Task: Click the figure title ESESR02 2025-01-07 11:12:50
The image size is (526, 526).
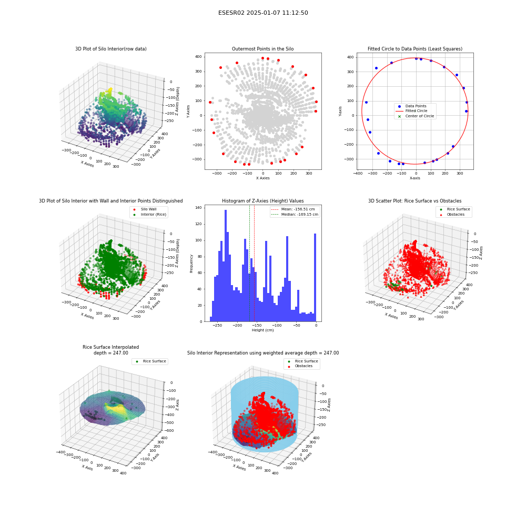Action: tap(263, 13)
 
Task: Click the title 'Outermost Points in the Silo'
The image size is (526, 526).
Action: tap(262, 48)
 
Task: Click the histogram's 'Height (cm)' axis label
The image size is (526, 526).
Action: tap(262, 330)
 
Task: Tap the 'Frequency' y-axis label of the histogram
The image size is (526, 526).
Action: tap(191, 264)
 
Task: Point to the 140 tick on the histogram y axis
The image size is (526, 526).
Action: tap(199, 208)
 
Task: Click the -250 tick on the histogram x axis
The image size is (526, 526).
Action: tap(217, 326)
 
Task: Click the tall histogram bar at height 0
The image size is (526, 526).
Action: tap(315, 277)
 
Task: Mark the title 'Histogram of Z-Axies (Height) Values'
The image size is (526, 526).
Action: tap(262, 200)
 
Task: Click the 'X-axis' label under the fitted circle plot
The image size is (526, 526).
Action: tap(414, 178)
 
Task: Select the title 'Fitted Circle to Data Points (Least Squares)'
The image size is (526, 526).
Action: tap(415, 48)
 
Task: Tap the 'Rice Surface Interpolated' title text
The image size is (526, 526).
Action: tap(110, 347)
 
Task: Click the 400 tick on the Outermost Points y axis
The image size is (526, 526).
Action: tap(199, 57)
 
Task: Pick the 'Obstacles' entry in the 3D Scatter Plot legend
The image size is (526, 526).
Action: tap(456, 215)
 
